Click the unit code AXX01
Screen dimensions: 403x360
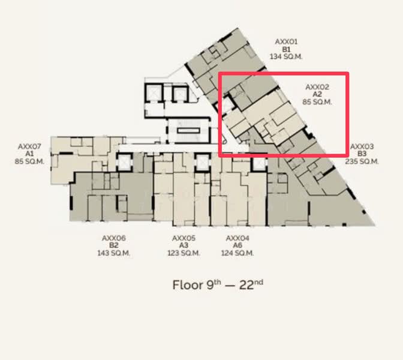click(x=286, y=41)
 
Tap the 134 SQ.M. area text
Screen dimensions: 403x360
click(x=286, y=56)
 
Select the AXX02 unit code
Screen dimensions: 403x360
click(x=317, y=87)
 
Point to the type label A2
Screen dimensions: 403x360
click(x=317, y=94)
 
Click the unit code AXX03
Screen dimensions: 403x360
click(x=362, y=146)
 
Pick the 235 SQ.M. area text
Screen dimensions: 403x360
click(x=362, y=161)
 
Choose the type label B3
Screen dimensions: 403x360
click(x=362, y=154)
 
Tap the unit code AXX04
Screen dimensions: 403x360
click(x=237, y=238)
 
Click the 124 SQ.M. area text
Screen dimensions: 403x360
click(x=237, y=253)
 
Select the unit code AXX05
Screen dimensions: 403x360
click(x=184, y=238)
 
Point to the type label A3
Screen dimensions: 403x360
click(x=184, y=245)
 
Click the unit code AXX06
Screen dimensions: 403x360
click(x=114, y=238)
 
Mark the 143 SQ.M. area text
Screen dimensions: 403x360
click(x=114, y=253)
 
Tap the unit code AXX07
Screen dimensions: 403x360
click(x=29, y=146)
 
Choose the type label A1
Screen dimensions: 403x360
click(x=29, y=154)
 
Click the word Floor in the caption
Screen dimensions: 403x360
click(x=188, y=285)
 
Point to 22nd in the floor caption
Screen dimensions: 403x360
click(x=251, y=285)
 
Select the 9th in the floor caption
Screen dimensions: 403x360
click(x=213, y=285)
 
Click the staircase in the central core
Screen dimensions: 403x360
click(x=188, y=131)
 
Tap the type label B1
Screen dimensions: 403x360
click(x=286, y=49)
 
